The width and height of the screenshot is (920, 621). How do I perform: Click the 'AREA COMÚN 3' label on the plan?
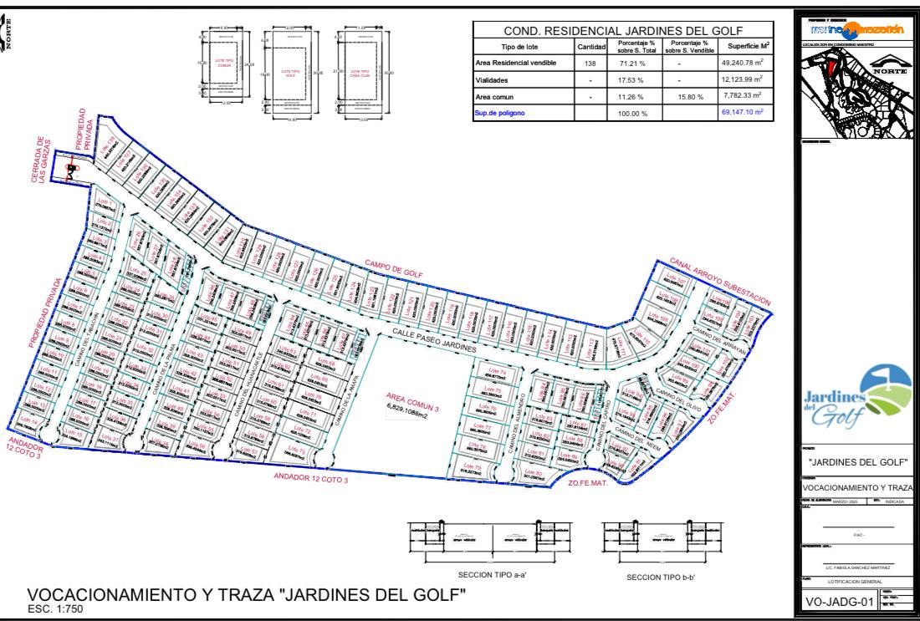pos(412,400)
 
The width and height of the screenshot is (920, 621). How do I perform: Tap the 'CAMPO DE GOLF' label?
pos(393,269)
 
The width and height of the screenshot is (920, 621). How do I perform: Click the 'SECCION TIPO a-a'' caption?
pos(491,575)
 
